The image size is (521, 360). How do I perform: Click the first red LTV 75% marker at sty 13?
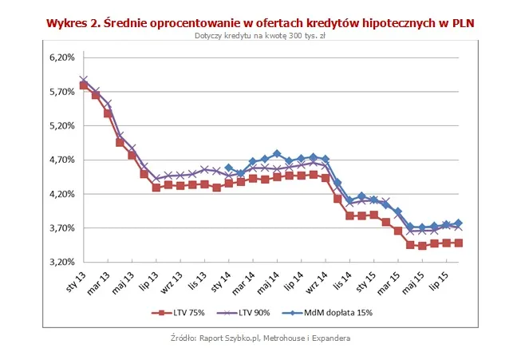(x=83, y=85)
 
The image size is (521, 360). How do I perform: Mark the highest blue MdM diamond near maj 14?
(x=277, y=153)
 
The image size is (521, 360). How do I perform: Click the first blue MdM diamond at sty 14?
(x=228, y=168)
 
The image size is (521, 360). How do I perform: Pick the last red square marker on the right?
(x=459, y=243)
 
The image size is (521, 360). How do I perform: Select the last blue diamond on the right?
(x=459, y=224)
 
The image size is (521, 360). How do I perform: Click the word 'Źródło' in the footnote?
(x=184, y=338)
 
